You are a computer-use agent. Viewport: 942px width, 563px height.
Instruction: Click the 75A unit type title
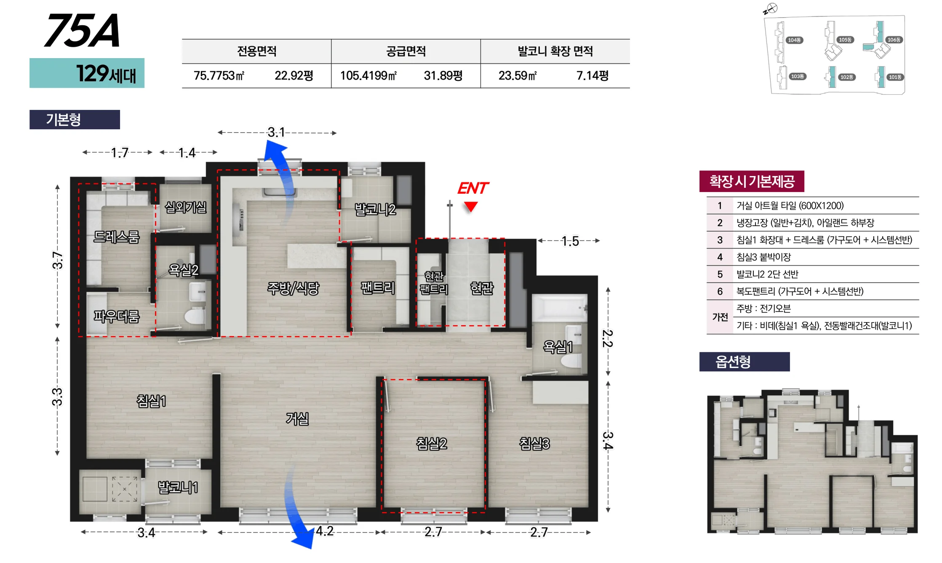click(x=82, y=30)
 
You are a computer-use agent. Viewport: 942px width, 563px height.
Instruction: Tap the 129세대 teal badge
click(x=87, y=73)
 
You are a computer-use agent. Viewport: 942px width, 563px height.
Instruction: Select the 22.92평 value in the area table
click(x=294, y=76)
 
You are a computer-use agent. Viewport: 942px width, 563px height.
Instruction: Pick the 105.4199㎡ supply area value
click(x=368, y=76)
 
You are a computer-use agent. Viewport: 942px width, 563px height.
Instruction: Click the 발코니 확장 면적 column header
click(x=555, y=51)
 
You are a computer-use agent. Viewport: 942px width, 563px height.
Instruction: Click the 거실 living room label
click(x=297, y=419)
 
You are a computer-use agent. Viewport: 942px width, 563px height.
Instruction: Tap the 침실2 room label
click(x=431, y=443)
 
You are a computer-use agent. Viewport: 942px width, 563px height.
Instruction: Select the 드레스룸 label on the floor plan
click(x=116, y=237)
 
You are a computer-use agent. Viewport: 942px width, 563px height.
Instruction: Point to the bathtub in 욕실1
click(x=560, y=308)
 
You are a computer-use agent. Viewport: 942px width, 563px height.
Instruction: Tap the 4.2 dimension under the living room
click(x=325, y=531)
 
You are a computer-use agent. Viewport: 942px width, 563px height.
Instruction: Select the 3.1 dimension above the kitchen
click(x=276, y=133)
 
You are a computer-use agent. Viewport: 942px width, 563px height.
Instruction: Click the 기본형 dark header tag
click(x=75, y=120)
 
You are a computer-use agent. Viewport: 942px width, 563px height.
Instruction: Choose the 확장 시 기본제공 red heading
click(x=752, y=181)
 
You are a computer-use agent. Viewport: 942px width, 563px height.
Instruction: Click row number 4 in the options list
click(x=720, y=257)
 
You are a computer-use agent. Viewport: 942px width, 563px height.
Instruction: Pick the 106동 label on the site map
click(x=894, y=40)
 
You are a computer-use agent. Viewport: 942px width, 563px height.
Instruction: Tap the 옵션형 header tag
click(x=745, y=362)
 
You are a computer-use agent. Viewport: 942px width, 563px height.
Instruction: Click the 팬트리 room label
click(x=378, y=288)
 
